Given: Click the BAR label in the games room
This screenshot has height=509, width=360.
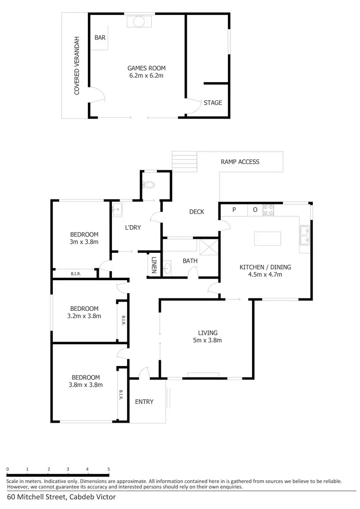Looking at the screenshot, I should pos(100,37).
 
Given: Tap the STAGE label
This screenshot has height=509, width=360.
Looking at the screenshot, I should pos(213,103).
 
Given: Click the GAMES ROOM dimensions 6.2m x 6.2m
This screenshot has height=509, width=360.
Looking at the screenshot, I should pos(146,75).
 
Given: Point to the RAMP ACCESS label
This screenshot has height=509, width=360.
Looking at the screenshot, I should pos(240,162).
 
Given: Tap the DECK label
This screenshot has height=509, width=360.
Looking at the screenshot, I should pos(197,212).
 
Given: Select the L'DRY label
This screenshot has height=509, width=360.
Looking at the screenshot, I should pos(133,227).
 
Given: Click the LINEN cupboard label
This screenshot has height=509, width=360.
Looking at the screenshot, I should pos(154,264).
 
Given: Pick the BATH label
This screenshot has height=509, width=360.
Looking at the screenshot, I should pos(190,261).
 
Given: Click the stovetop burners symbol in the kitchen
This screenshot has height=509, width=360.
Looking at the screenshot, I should pos(268,210).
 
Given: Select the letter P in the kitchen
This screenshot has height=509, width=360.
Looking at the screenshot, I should pos(234,210).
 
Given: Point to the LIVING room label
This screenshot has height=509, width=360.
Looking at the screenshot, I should pos(208,332).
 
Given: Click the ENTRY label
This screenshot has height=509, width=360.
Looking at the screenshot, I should pos(144,402).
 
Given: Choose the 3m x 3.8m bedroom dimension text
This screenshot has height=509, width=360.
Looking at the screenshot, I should pos(84,242).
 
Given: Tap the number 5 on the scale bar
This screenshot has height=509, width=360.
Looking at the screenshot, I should pos(108,469).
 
